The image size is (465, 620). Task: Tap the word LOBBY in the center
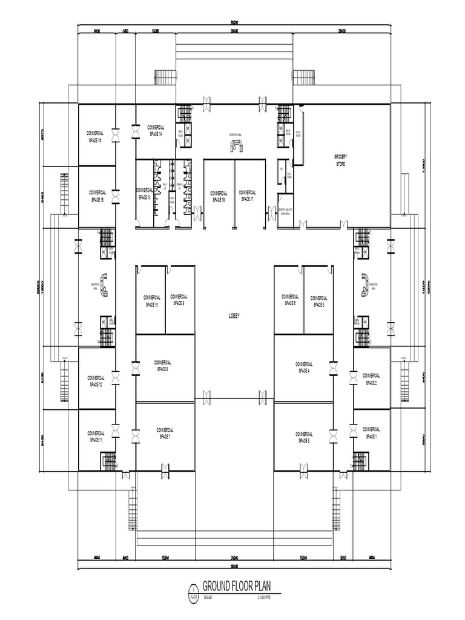click(235, 315)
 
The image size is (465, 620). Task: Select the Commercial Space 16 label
click(96, 136)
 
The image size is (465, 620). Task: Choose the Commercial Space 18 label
click(219, 196)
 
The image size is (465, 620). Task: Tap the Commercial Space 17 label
click(248, 196)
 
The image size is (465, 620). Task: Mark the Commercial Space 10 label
click(151, 301)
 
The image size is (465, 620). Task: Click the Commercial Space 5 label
click(319, 302)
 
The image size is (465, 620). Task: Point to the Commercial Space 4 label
click(303, 367)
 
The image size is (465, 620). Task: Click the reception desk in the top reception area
click(236, 145)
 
